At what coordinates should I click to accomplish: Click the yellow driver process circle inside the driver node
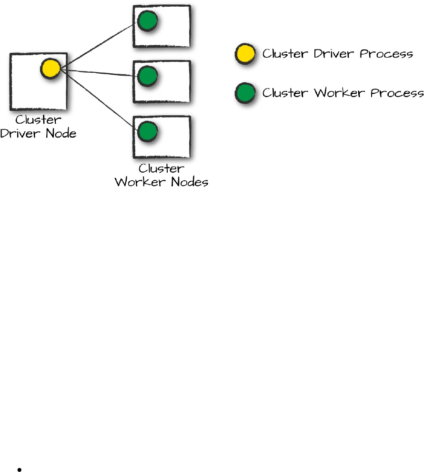click(50, 69)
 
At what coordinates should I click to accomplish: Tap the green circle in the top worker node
click(148, 21)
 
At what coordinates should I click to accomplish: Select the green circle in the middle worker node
click(148, 76)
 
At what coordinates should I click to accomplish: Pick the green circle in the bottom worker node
click(148, 131)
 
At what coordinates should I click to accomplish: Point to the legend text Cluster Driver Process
click(337, 54)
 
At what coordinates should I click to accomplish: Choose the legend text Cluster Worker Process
click(343, 92)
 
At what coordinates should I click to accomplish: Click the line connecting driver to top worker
click(98, 46)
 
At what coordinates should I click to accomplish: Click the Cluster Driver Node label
click(38, 126)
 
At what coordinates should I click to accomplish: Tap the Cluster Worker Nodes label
click(162, 175)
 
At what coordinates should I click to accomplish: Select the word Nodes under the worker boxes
click(188, 182)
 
